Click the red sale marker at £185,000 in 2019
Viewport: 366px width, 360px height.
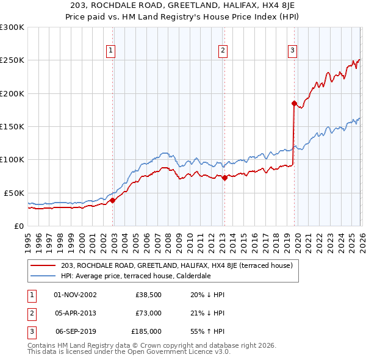click(x=294, y=104)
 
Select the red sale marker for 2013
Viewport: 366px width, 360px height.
click(x=224, y=178)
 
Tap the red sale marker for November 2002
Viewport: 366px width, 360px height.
click(x=113, y=200)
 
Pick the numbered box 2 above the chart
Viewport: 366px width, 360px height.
click(x=223, y=51)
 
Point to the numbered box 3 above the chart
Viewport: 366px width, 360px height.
click(x=293, y=51)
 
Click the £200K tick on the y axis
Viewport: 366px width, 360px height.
click(x=12, y=93)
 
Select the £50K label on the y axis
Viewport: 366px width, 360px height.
click(x=14, y=193)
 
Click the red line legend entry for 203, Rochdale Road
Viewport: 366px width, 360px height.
click(x=177, y=265)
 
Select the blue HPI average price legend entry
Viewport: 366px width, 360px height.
click(x=135, y=276)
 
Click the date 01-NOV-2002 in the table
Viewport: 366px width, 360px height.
click(x=75, y=295)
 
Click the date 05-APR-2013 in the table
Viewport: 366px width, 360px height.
click(x=75, y=313)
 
